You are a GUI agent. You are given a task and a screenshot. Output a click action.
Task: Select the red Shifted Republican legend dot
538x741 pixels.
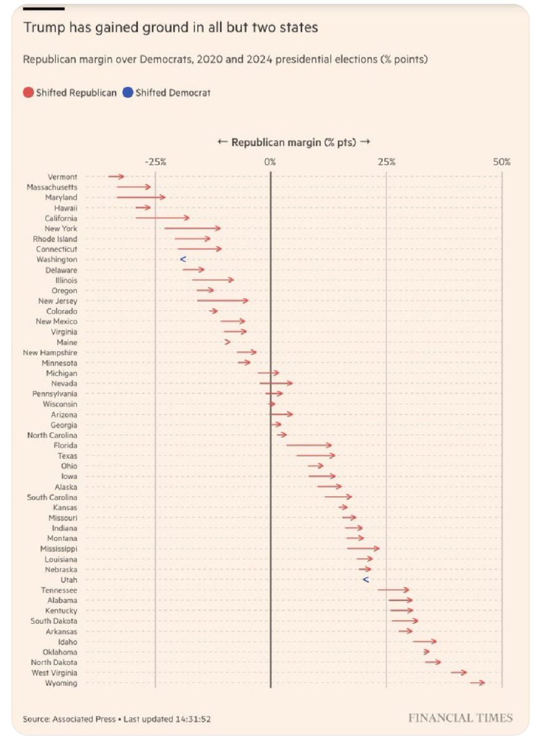tap(28, 93)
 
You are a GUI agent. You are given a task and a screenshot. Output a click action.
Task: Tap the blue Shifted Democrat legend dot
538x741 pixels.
tap(128, 93)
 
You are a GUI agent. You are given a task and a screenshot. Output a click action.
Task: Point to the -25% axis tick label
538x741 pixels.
tap(155, 162)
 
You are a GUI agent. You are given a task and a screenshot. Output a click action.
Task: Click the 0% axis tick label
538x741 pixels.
tap(271, 162)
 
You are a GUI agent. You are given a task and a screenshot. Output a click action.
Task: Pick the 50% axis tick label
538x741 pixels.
tap(502, 162)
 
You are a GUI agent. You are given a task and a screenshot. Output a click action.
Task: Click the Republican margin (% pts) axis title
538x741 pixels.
tap(293, 142)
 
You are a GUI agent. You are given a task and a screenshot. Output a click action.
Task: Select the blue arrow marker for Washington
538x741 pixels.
tap(183, 259)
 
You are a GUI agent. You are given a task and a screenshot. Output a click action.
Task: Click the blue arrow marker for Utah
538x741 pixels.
tap(365, 580)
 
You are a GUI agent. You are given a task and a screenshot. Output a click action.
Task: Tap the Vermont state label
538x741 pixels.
tap(62, 177)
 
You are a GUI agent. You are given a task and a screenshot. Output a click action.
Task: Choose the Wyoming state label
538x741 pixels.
tap(61, 684)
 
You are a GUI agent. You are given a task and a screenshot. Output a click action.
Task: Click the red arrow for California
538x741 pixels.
tap(162, 218)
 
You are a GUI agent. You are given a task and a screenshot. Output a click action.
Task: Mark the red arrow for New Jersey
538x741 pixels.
tap(222, 301)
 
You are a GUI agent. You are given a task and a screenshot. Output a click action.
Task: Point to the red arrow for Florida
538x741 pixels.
tap(309, 445)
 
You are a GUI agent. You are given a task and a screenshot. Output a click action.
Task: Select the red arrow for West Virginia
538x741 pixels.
tap(458, 672)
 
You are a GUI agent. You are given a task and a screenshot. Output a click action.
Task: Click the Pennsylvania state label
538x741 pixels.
tap(55, 393)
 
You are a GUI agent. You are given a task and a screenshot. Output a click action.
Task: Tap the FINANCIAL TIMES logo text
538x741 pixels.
tap(460, 718)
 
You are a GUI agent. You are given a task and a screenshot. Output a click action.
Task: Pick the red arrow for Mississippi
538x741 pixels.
tap(363, 548)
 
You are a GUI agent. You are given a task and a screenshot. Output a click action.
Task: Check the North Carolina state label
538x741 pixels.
tap(53, 435)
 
